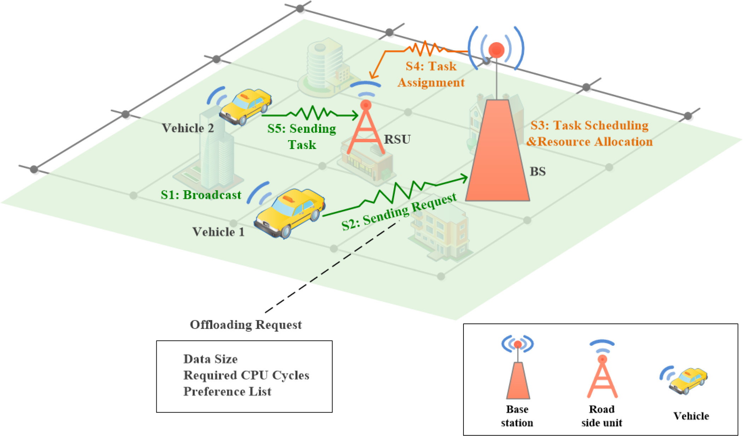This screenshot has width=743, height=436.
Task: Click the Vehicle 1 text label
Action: coord(218,232)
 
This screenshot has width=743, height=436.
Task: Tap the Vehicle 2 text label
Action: coord(188,128)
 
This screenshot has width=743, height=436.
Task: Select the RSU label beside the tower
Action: coord(397,139)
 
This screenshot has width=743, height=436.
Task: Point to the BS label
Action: coord(537,172)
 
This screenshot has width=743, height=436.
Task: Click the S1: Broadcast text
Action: coord(201,195)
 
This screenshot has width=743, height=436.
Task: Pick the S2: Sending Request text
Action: coord(399,212)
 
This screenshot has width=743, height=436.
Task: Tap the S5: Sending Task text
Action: coord(302,137)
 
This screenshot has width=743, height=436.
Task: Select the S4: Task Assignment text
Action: coord(431,74)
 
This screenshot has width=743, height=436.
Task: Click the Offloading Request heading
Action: coord(246,325)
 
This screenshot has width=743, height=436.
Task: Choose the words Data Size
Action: coord(211,359)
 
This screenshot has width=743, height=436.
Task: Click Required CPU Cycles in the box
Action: coord(246,375)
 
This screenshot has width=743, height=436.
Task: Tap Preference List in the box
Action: coord(227,392)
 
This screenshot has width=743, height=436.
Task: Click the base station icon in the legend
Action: coord(518,368)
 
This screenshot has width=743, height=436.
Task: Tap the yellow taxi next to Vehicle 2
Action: coord(245,106)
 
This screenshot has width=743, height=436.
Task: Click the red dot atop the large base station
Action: coord(496,50)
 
